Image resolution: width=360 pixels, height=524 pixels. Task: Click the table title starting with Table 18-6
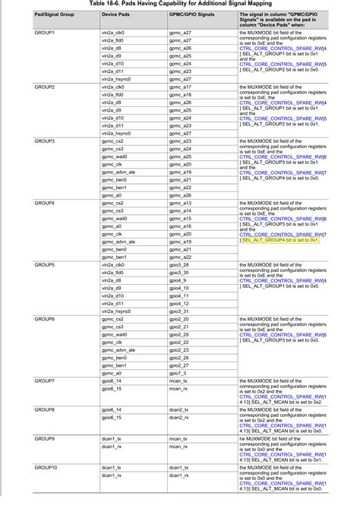(179, 4)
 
